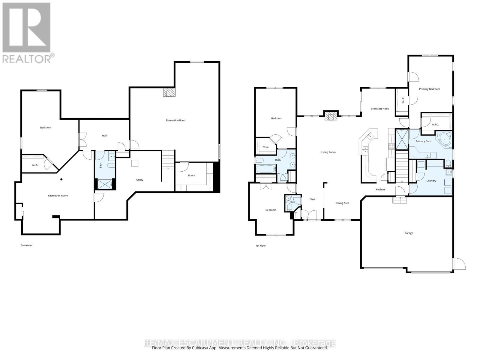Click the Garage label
coord(409,233)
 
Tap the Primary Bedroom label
coord(429,89)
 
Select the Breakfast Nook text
coord(379,109)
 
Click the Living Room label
coord(328,152)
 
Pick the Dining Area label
coord(342,203)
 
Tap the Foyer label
coord(312,199)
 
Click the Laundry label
coord(431,181)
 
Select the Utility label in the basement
coord(139,180)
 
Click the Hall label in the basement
coord(104,136)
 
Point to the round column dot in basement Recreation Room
coord(61,179)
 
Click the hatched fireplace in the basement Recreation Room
coord(169,92)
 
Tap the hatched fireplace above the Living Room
coord(330,116)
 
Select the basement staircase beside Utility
coord(168,160)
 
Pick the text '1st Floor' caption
coord(261,246)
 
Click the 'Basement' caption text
coord(26,245)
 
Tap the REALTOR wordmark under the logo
coord(27,59)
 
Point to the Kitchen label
coord(380,190)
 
